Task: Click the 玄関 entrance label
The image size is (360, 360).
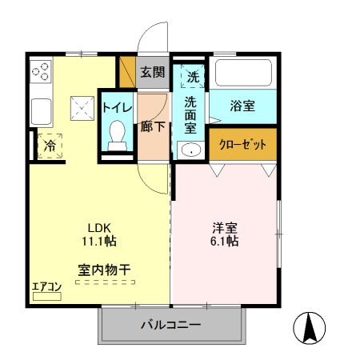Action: pyautogui.click(x=153, y=72)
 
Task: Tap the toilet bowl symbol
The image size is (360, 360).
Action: pyautogui.click(x=118, y=132)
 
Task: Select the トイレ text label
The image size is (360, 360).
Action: pyautogui.click(x=117, y=107)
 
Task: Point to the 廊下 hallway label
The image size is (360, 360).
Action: pyautogui.click(x=152, y=126)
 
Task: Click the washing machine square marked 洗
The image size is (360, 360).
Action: pyautogui.click(x=194, y=77)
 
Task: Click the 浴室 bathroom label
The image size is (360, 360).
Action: pyautogui.click(x=242, y=105)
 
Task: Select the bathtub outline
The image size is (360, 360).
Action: pyautogui.click(x=245, y=75)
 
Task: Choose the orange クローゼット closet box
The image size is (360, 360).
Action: pyautogui.click(x=243, y=145)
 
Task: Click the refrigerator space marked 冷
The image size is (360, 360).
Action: pyautogui.click(x=48, y=146)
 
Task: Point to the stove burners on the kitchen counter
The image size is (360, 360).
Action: pyautogui.click(x=41, y=74)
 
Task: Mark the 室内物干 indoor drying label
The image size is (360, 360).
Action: pyautogui.click(x=104, y=269)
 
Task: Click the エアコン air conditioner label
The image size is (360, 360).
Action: pyautogui.click(x=46, y=287)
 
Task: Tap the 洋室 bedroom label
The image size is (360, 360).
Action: pyautogui.click(x=224, y=226)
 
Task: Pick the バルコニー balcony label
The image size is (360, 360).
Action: pyautogui.click(x=171, y=325)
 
